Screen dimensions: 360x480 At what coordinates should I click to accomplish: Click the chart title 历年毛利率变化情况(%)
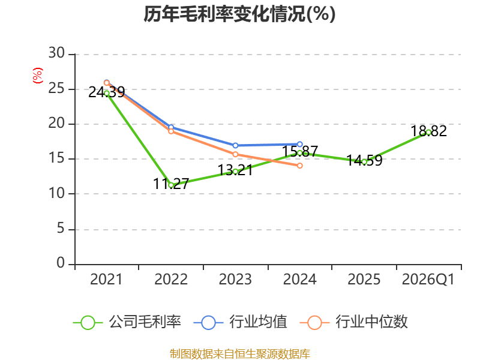[x=239, y=14]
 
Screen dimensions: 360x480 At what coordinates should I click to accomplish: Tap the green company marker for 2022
[x=171, y=185]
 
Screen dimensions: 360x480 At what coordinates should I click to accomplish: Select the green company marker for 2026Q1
[x=428, y=132]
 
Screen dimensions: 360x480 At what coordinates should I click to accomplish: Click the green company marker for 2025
[x=364, y=161]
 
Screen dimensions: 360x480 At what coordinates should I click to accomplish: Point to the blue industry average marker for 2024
[x=299, y=144]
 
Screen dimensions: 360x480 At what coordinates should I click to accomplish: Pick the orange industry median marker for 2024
[x=299, y=166]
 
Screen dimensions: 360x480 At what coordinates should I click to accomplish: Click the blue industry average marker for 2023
[x=235, y=145]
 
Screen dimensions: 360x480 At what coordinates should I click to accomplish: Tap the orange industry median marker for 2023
[x=235, y=154]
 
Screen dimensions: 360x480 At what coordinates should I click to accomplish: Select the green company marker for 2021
[x=107, y=93]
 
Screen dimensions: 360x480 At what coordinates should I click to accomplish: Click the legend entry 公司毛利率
[x=127, y=322]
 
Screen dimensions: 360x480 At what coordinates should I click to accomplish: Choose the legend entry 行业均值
[x=241, y=322]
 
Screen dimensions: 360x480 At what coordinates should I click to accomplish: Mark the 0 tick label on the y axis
[x=61, y=264]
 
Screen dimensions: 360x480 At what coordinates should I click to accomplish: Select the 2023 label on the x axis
[x=235, y=280]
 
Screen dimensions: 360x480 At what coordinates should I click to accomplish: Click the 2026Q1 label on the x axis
[x=428, y=280]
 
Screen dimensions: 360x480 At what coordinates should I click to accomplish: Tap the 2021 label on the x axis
[x=106, y=280]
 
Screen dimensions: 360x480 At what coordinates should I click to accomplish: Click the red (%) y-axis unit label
[x=38, y=76]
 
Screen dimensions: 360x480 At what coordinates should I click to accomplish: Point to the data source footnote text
[x=239, y=353]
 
